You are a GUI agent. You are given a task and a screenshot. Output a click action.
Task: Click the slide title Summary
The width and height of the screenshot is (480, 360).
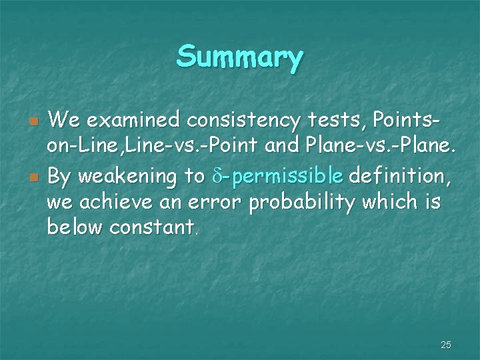click(240, 58)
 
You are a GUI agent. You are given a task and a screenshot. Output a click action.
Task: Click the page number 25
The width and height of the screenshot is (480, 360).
click(446, 345)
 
